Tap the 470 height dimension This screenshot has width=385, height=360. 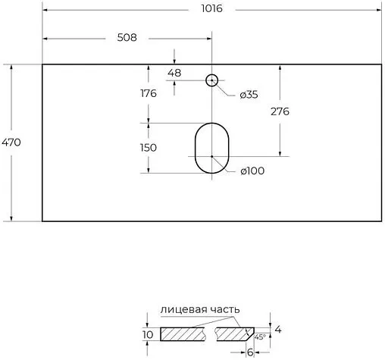click(11, 142)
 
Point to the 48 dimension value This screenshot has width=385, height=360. click(174, 72)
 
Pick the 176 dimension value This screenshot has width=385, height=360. click(148, 94)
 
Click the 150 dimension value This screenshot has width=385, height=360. click(148, 147)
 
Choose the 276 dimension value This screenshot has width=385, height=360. click(280, 111)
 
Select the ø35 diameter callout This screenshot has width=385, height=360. click(249, 95)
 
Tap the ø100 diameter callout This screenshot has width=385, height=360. click(252, 171)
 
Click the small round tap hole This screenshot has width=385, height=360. click(212, 79)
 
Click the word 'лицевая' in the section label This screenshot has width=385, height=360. click(182, 309)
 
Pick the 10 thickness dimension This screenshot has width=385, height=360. click(147, 334)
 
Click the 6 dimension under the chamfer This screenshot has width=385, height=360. click(250, 352)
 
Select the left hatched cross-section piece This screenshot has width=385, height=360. click(182, 333)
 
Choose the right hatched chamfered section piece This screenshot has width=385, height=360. click(234, 333)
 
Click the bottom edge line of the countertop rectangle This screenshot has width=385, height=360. click(212, 221)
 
